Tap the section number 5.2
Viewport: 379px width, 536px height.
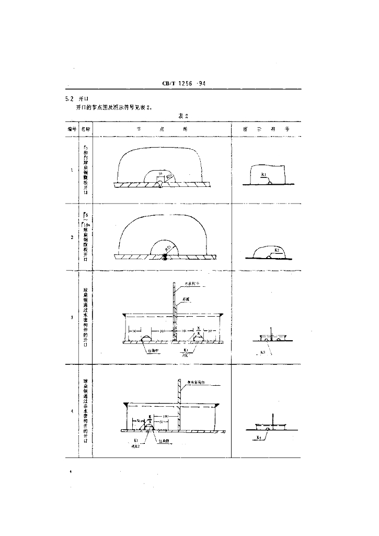point(68,98)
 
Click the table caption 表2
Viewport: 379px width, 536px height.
point(183,116)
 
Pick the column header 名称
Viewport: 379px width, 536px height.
point(86,128)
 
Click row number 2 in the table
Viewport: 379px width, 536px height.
point(71,237)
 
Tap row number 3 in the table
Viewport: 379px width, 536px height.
point(71,317)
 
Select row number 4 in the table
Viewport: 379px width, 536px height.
point(71,411)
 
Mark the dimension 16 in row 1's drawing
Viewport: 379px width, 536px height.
point(160,172)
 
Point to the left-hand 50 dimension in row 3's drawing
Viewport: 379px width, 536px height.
point(134,331)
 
